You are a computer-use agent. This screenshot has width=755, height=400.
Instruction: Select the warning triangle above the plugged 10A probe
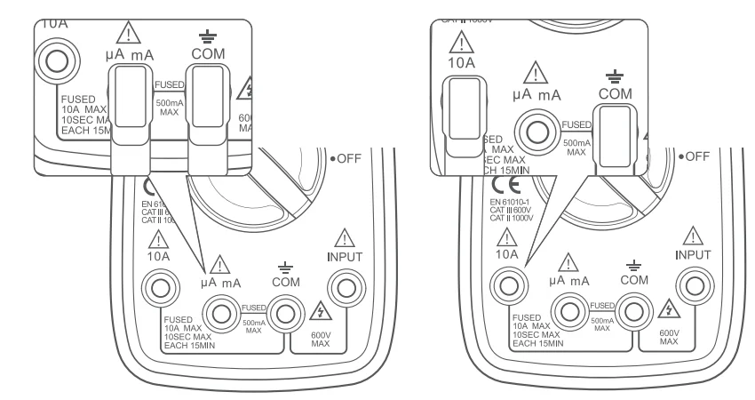pyautogui.click(x=460, y=41)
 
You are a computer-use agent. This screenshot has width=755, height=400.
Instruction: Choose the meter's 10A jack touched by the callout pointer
pyautogui.click(x=508, y=287)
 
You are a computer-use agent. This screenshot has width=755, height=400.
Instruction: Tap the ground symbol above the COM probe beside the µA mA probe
pyautogui.click(x=204, y=36)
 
